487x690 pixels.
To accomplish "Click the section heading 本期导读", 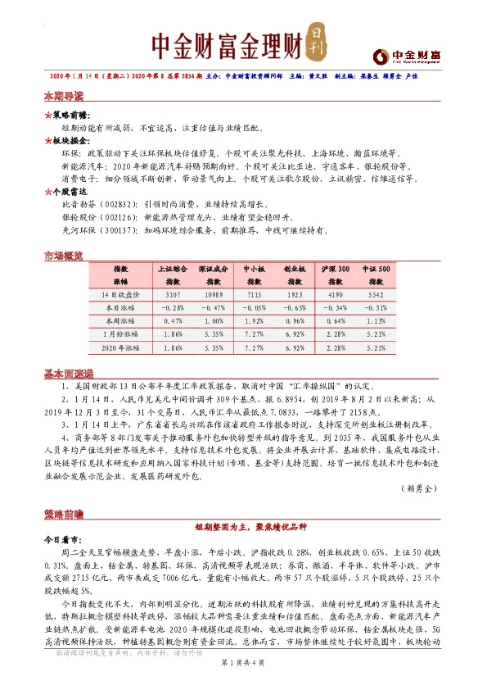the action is point(64,96).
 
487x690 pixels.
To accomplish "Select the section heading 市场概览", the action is point(64,256).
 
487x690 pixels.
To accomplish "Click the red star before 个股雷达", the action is point(47,190).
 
